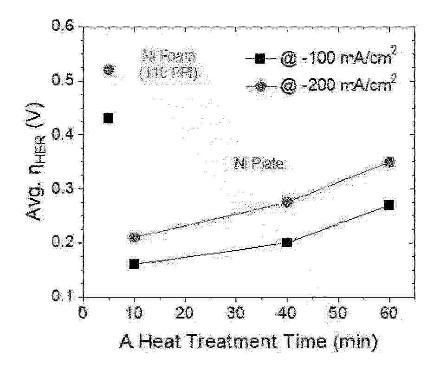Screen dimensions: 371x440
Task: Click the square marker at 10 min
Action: pos(134,264)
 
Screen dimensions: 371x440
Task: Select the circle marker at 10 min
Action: pos(135,237)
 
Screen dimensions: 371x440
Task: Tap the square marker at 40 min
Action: pos(287,242)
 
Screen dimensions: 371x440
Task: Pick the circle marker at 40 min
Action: pos(287,202)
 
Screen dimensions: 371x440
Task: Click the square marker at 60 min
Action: pos(389,205)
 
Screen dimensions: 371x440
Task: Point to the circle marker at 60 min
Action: pos(389,162)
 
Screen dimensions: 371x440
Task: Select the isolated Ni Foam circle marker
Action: pos(109,70)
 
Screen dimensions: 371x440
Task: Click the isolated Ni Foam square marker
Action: pos(109,118)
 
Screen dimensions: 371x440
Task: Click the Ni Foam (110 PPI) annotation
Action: pos(168,65)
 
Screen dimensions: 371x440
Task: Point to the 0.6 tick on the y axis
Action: pos(64,27)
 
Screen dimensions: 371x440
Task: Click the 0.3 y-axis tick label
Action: pos(64,189)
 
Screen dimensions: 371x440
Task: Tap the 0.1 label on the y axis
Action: pos(64,296)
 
